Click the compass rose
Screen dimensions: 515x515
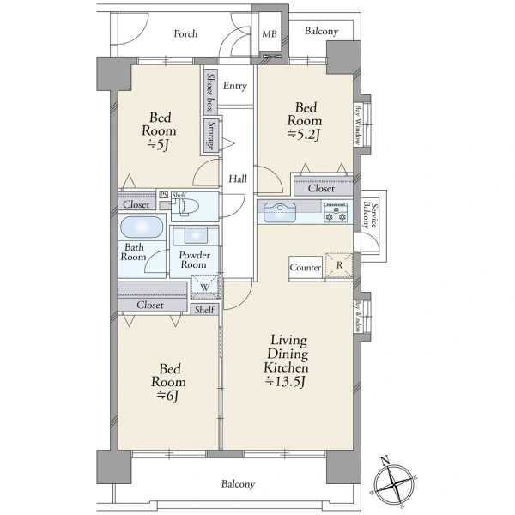click(394, 484)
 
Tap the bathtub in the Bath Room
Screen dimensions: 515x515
click(142, 227)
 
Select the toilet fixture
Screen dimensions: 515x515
click(186, 207)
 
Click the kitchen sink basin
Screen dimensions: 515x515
click(280, 212)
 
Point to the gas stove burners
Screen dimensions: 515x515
click(336, 212)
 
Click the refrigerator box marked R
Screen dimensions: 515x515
click(339, 265)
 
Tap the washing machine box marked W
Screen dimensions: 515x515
click(205, 287)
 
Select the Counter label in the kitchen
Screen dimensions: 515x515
click(306, 268)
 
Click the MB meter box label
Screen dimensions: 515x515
click(270, 33)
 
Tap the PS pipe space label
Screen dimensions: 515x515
click(163, 195)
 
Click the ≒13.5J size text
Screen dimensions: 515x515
click(286, 382)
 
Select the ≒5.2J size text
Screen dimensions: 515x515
click(304, 135)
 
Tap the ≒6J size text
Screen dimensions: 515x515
click(168, 396)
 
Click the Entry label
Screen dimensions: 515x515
click(235, 86)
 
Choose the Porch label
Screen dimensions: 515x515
click(185, 33)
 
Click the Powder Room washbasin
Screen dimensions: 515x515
click(196, 235)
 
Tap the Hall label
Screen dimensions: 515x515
click(238, 179)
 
